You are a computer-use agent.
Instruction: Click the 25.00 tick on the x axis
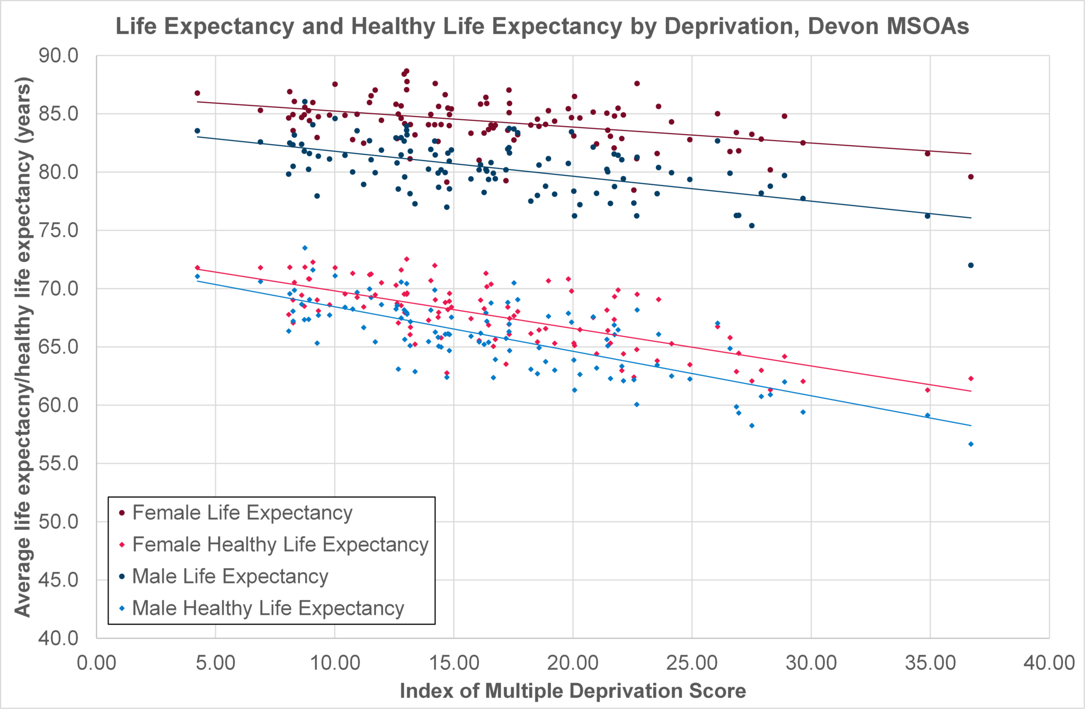point(691,662)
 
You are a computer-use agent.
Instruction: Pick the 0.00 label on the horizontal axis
point(97,662)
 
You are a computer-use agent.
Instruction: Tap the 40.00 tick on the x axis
point(1048,662)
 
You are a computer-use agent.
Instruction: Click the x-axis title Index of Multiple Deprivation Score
point(573,691)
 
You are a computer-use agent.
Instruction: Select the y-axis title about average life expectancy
point(23,347)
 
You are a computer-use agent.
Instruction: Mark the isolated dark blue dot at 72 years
point(971,265)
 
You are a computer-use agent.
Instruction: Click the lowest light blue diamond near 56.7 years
point(971,444)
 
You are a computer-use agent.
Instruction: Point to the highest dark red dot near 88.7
point(406,71)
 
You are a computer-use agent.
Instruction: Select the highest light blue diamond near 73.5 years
point(305,248)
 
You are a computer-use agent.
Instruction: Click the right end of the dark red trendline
point(971,154)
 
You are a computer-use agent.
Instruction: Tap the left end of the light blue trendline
point(198,281)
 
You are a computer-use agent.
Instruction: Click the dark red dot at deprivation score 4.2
point(197,93)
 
